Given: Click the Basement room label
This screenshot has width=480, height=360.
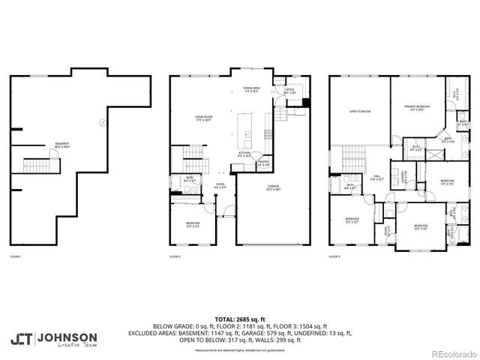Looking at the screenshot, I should point(62,145).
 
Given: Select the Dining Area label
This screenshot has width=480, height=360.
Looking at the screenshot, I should point(253,90).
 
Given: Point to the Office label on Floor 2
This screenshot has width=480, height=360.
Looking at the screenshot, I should point(289,91).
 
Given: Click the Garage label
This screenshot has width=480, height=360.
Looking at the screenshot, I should point(274,187).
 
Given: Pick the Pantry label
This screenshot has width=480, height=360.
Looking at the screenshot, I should point(263,163).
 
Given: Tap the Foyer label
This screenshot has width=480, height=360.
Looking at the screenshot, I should point(221,185).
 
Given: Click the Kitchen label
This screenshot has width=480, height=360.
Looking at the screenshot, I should point(244,154).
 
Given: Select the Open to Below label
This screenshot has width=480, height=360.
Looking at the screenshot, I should point(360,111).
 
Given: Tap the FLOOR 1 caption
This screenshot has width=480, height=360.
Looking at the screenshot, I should point(16,256).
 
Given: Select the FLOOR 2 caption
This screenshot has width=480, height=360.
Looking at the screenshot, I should point(175,256).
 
